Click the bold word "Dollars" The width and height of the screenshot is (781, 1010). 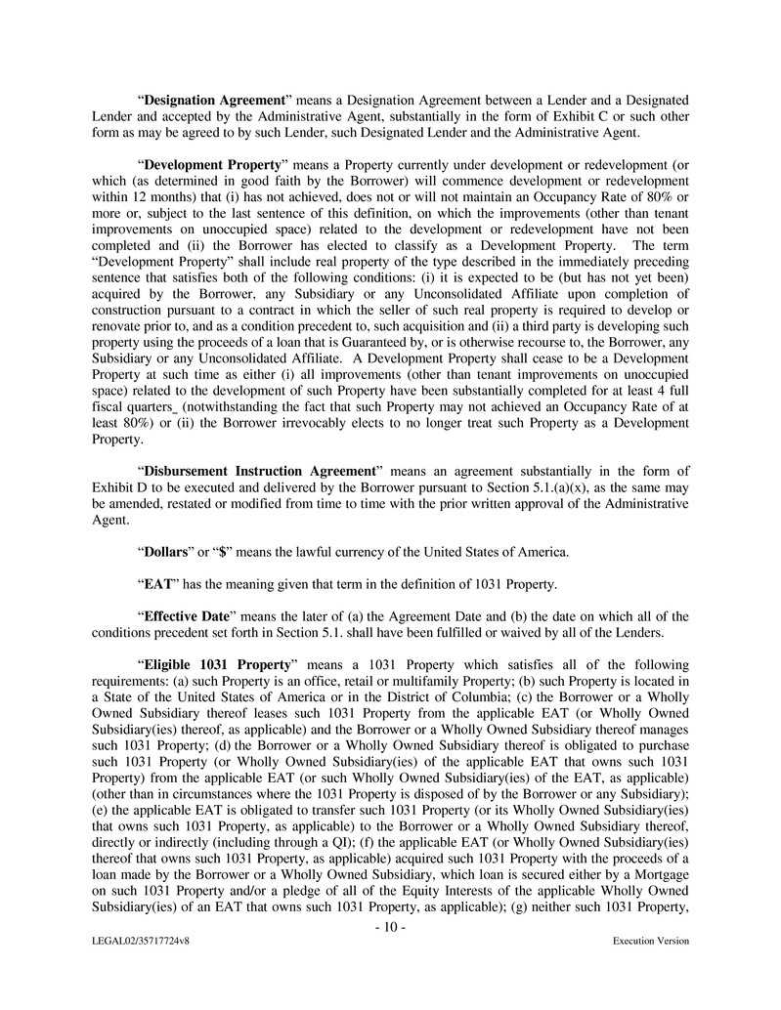coord(167,552)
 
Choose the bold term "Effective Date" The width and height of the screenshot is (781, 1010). coord(186,616)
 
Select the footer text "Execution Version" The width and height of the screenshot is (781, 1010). coord(651,941)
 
